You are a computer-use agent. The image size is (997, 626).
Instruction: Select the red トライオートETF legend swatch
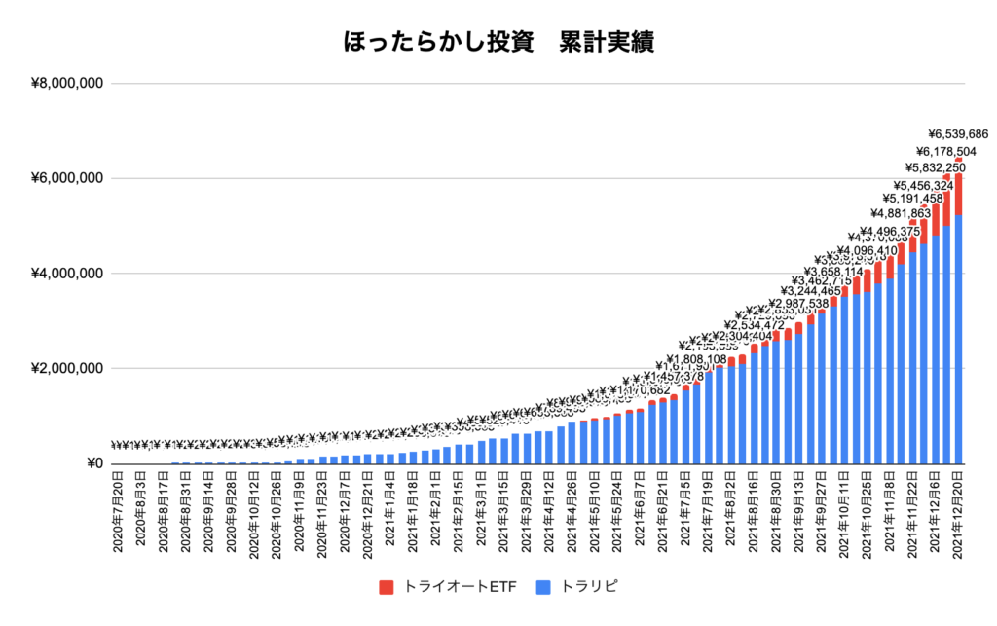tap(387, 586)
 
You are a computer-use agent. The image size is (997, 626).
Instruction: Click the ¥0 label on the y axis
tap(94, 463)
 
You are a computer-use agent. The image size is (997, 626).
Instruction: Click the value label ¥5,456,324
tap(923, 184)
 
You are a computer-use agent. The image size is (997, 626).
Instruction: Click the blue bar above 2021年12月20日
tap(958, 341)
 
